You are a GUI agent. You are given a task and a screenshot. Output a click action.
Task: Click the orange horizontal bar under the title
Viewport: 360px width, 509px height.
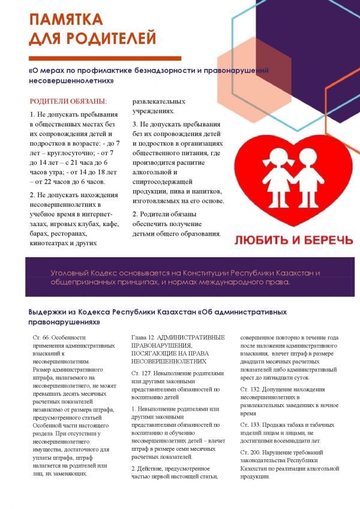[x=104, y=58]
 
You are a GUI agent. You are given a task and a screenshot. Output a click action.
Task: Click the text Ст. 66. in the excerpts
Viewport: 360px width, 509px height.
[x=43, y=338]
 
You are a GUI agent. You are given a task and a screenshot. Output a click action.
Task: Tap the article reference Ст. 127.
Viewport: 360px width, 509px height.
[x=141, y=373]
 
